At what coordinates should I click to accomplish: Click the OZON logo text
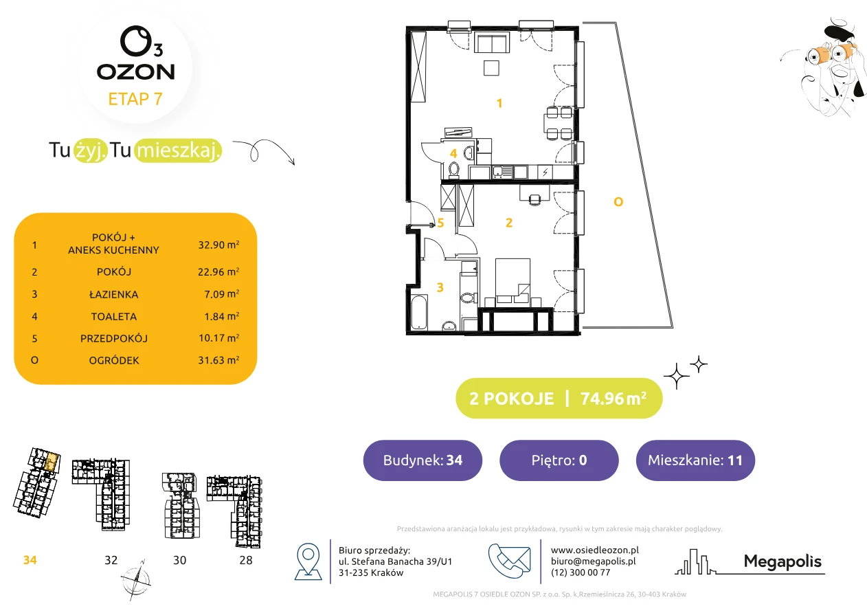(135, 72)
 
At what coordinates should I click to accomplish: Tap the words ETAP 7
(135, 99)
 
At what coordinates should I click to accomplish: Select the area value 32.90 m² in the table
(218, 245)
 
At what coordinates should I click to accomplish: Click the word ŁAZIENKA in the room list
(114, 295)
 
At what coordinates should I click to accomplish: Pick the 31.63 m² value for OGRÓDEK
(218, 360)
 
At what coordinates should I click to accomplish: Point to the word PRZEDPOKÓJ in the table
(114, 338)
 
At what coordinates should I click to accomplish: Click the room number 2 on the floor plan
(509, 223)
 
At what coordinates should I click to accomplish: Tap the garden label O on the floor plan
(618, 202)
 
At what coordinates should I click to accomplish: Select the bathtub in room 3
(420, 312)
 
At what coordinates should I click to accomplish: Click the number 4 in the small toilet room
(453, 154)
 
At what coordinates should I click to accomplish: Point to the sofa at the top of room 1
(492, 43)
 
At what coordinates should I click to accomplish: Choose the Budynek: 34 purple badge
(423, 460)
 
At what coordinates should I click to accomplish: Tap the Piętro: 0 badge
(559, 460)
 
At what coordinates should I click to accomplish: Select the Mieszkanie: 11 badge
(695, 460)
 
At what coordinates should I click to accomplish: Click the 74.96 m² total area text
(613, 399)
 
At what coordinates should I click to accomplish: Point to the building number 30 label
(179, 560)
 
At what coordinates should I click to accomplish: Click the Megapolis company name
(782, 561)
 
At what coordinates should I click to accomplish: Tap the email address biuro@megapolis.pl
(594, 561)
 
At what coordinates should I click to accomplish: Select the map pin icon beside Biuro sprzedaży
(308, 561)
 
